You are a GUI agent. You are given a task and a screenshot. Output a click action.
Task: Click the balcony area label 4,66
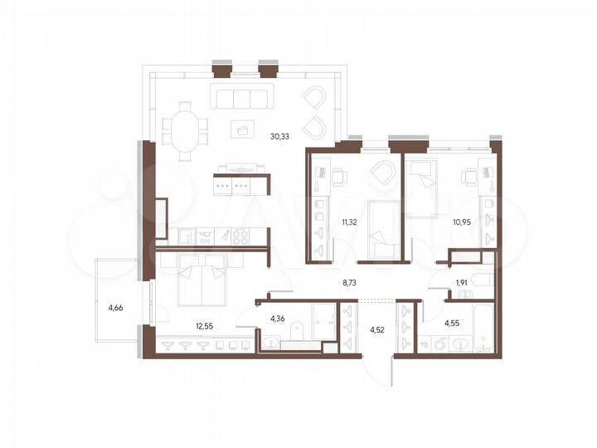click(x=116, y=309)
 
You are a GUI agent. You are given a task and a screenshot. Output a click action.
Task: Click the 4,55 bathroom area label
click(x=454, y=323)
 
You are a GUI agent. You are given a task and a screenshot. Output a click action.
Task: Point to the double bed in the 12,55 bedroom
click(x=201, y=280)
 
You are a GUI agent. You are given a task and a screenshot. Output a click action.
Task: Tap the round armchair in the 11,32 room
click(x=383, y=174)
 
